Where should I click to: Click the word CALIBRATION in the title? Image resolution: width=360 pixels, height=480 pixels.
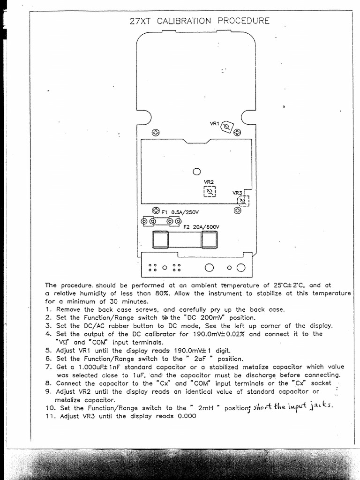184,21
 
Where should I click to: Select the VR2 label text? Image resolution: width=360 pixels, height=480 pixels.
209,182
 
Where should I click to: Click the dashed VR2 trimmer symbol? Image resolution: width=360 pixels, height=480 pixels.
210,192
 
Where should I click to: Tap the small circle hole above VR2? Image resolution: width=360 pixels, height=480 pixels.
197,172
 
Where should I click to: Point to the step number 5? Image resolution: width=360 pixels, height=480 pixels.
48,350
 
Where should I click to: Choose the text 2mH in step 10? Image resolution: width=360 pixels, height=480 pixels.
206,408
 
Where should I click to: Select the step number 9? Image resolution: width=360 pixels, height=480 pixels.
48,391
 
